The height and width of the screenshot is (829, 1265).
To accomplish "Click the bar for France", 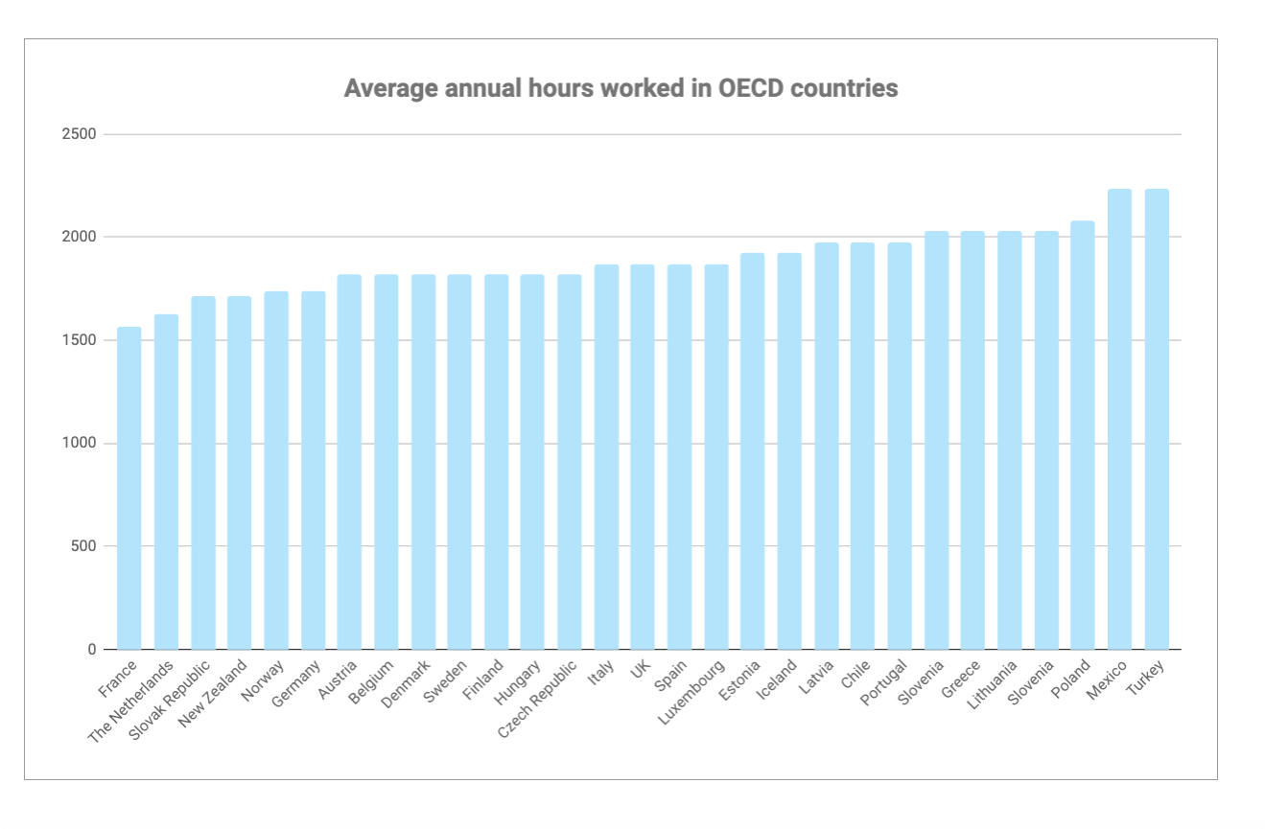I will [129, 489].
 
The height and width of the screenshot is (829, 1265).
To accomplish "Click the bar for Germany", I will [313, 471].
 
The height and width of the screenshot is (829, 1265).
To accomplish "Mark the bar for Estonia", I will [753, 451].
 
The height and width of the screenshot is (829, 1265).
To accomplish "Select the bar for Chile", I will [862, 447].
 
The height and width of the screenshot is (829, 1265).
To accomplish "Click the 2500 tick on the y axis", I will [79, 134].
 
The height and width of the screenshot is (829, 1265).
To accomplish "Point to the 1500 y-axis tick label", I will [79, 340].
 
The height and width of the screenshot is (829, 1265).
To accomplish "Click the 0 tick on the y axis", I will [92, 650].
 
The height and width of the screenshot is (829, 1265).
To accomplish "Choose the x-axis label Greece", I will [962, 679].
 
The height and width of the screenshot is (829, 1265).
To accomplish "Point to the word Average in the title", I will [388, 88].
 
